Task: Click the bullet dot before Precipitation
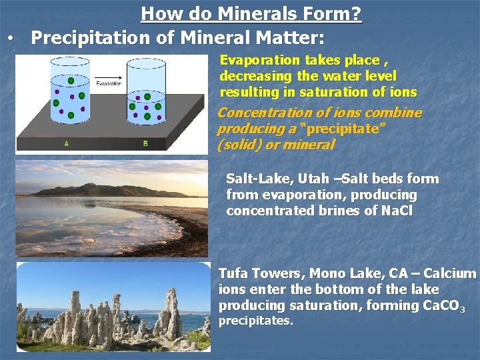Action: click(x=9, y=39)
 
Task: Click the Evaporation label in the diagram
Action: click(x=109, y=84)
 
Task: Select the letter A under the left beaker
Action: click(x=66, y=144)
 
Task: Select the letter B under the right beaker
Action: click(x=145, y=144)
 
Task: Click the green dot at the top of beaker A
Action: click(x=71, y=81)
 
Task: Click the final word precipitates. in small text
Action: click(x=255, y=321)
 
